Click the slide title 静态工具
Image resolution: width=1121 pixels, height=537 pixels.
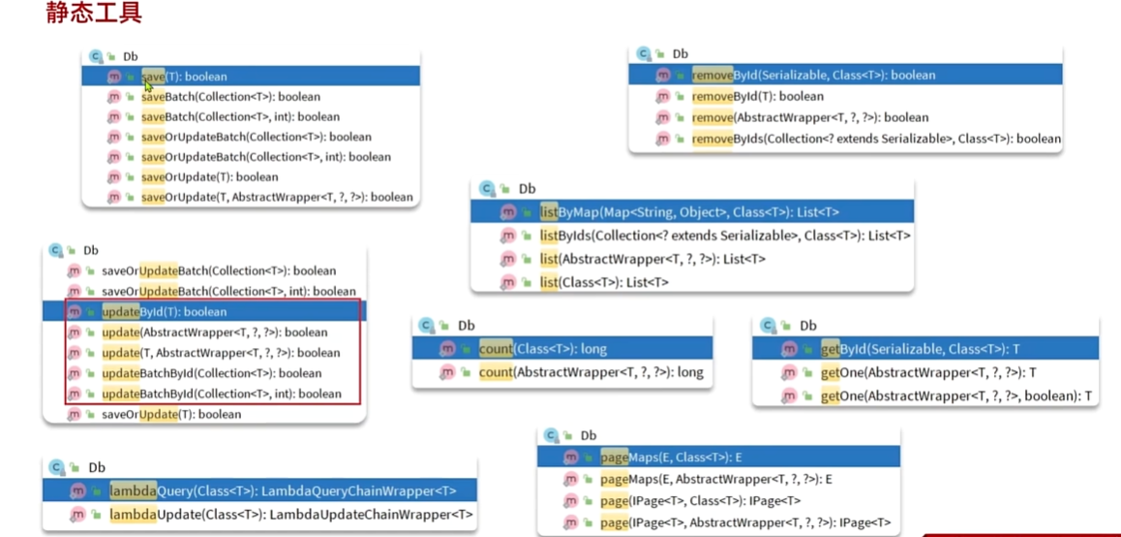(x=94, y=14)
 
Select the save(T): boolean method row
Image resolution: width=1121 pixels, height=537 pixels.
(x=184, y=77)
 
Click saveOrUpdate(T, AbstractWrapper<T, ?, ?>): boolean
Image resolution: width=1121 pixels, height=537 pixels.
(x=277, y=197)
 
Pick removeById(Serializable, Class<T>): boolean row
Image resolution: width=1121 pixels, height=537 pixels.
(x=813, y=75)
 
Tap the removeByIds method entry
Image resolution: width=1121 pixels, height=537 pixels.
(x=876, y=139)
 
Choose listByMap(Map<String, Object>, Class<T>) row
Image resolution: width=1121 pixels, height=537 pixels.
(x=689, y=212)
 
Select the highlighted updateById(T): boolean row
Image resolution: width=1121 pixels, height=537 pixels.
(x=164, y=312)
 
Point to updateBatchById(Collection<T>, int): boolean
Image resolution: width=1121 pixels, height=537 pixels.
(x=221, y=394)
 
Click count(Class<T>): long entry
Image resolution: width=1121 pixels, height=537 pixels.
(x=542, y=349)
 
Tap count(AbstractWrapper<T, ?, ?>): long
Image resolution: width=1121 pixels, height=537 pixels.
(x=591, y=372)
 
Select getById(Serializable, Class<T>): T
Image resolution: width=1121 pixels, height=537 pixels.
(x=920, y=349)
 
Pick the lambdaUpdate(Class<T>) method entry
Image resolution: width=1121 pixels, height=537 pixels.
(x=290, y=515)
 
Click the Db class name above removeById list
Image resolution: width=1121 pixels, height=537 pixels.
(x=681, y=54)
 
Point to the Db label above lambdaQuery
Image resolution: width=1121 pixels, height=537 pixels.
(x=97, y=467)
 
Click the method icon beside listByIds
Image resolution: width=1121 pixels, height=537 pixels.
(x=508, y=236)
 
